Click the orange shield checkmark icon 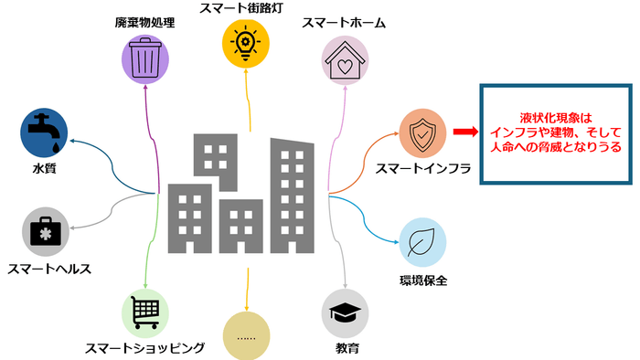click(x=423, y=133)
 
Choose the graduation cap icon click(x=346, y=313)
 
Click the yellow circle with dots click(x=248, y=335)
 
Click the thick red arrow click(x=464, y=133)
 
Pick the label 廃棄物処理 click(x=146, y=22)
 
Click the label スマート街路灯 click(x=248, y=8)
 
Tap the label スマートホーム click(x=345, y=22)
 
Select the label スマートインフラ click(x=421, y=169)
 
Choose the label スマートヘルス click(x=51, y=269)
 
